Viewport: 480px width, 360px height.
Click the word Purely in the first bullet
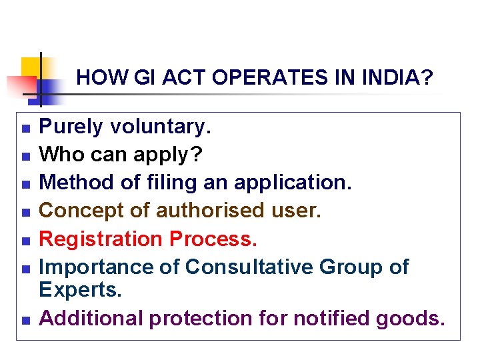click(x=71, y=127)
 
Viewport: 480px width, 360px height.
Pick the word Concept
click(x=79, y=211)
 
